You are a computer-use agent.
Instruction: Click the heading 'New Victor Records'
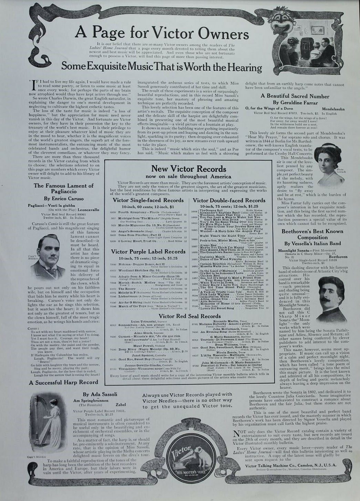[189, 169]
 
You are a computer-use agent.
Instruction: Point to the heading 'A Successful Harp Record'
[63, 382]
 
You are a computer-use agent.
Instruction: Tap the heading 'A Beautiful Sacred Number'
[295, 96]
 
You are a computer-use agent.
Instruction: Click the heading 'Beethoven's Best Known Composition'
[312, 234]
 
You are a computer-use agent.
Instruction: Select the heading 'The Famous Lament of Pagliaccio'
[63, 188]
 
